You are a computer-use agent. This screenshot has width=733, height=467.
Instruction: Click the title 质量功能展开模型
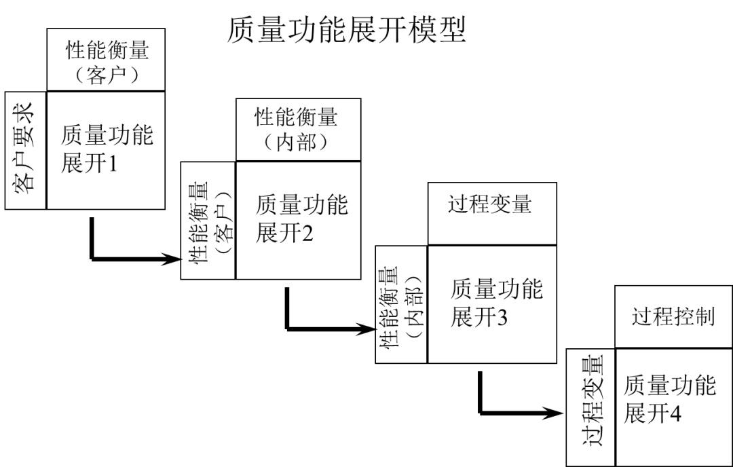[346, 30]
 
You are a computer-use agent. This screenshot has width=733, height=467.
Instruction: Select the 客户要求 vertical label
[23, 148]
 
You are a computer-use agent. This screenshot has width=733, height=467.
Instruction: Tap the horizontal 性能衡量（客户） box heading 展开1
[106, 60]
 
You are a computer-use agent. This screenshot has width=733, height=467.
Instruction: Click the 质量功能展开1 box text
[107, 149]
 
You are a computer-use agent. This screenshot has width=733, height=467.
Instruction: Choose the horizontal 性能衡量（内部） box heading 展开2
[298, 130]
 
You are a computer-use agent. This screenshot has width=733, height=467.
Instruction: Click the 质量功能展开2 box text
[301, 219]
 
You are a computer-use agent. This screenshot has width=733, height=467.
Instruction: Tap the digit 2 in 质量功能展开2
[307, 233]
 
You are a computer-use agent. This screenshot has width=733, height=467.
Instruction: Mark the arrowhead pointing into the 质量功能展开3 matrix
[366, 329]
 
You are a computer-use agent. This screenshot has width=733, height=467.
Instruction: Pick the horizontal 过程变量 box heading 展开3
[492, 214]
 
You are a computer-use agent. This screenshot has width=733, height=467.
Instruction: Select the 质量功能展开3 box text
[496, 303]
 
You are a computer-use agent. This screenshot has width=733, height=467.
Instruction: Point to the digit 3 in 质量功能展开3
[502, 318]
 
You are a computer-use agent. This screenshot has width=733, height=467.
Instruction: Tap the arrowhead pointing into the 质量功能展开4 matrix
[553, 413]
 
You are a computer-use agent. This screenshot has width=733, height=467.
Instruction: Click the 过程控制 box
[673, 317]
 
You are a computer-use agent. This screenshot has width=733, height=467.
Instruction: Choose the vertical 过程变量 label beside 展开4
[592, 400]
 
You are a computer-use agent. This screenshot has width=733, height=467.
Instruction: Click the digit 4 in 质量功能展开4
[675, 413]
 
